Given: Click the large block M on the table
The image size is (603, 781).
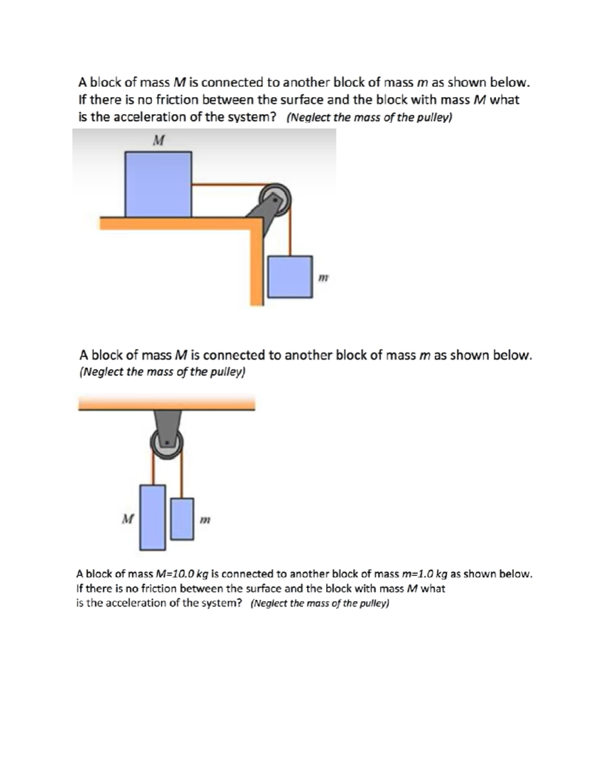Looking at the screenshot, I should [158, 184].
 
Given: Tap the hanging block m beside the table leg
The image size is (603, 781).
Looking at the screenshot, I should [290, 277].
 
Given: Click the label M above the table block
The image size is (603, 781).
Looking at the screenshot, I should [158, 140].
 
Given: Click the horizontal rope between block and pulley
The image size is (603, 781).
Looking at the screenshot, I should [226, 185].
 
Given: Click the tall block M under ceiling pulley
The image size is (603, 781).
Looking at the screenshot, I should [153, 517].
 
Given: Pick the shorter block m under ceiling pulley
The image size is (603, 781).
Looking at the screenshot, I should [182, 519].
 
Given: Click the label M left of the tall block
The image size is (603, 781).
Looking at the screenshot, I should [128, 518].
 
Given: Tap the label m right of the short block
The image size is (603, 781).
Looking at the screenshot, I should [205, 519].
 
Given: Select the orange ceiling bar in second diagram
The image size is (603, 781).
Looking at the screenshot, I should [166, 403].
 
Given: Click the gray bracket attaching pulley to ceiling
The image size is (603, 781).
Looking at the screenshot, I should [166, 421].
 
